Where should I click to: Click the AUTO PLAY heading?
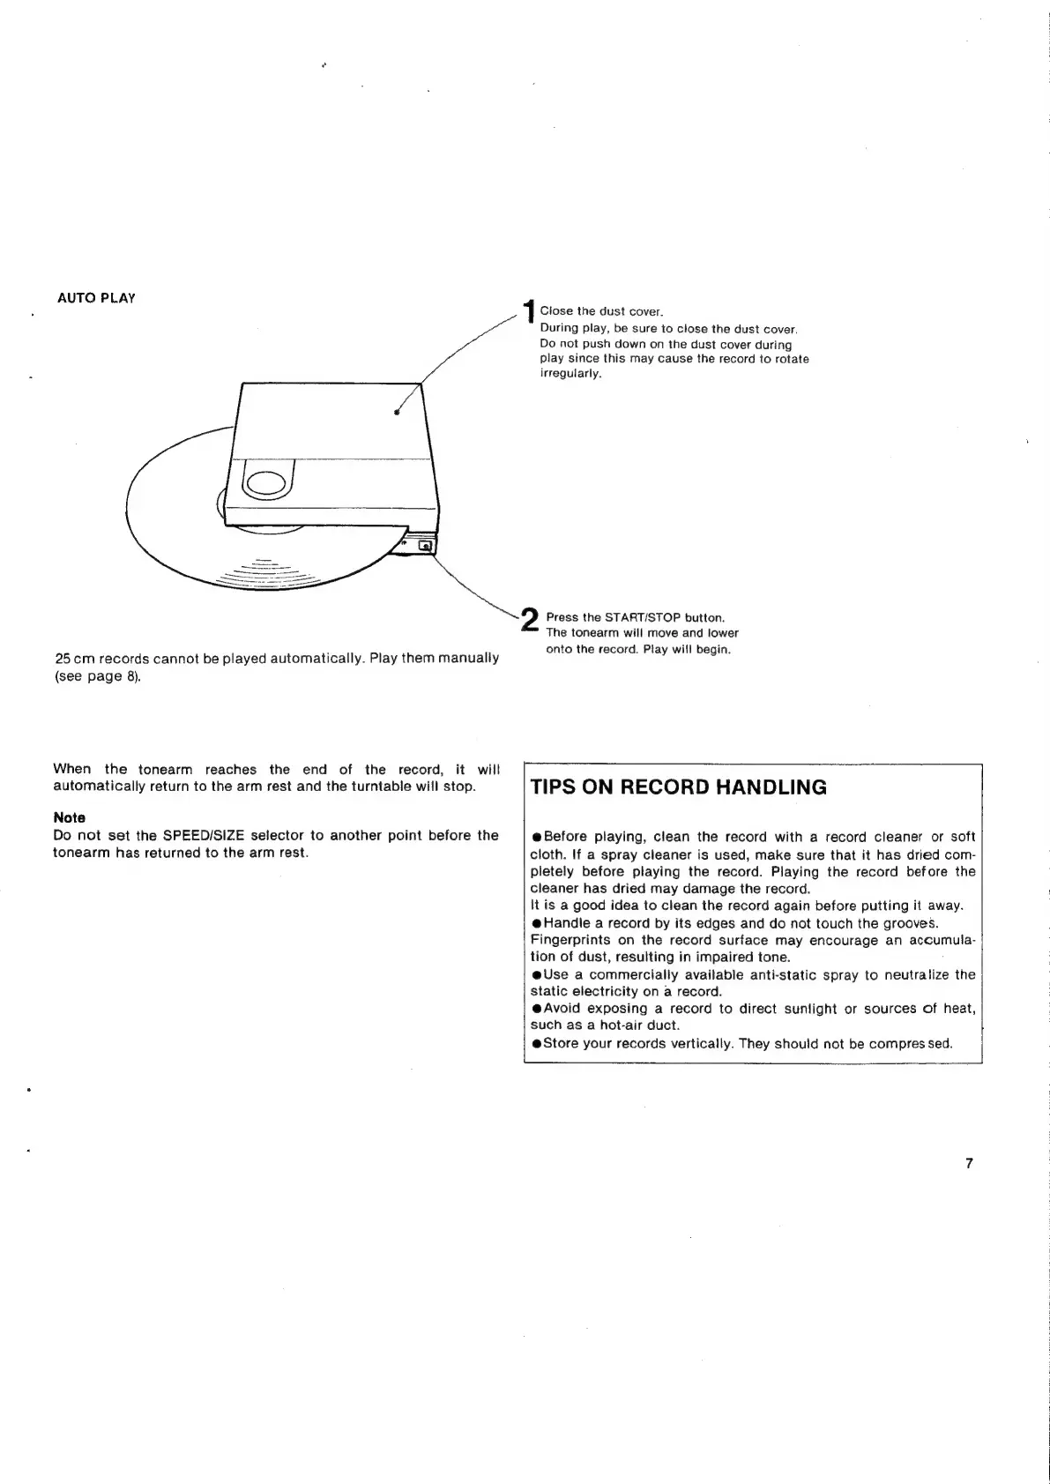pos(96,298)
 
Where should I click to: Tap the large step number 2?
pos(530,619)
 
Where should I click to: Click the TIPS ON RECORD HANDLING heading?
pos(679,787)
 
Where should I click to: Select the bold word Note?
pos(70,817)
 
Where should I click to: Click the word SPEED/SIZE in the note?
pos(205,835)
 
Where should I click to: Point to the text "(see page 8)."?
pos(97,677)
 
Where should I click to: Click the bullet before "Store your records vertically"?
pos(536,1044)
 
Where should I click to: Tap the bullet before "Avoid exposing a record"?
pos(536,1009)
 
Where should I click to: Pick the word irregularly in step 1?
pos(570,373)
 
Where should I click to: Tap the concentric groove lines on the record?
pos(264,574)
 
